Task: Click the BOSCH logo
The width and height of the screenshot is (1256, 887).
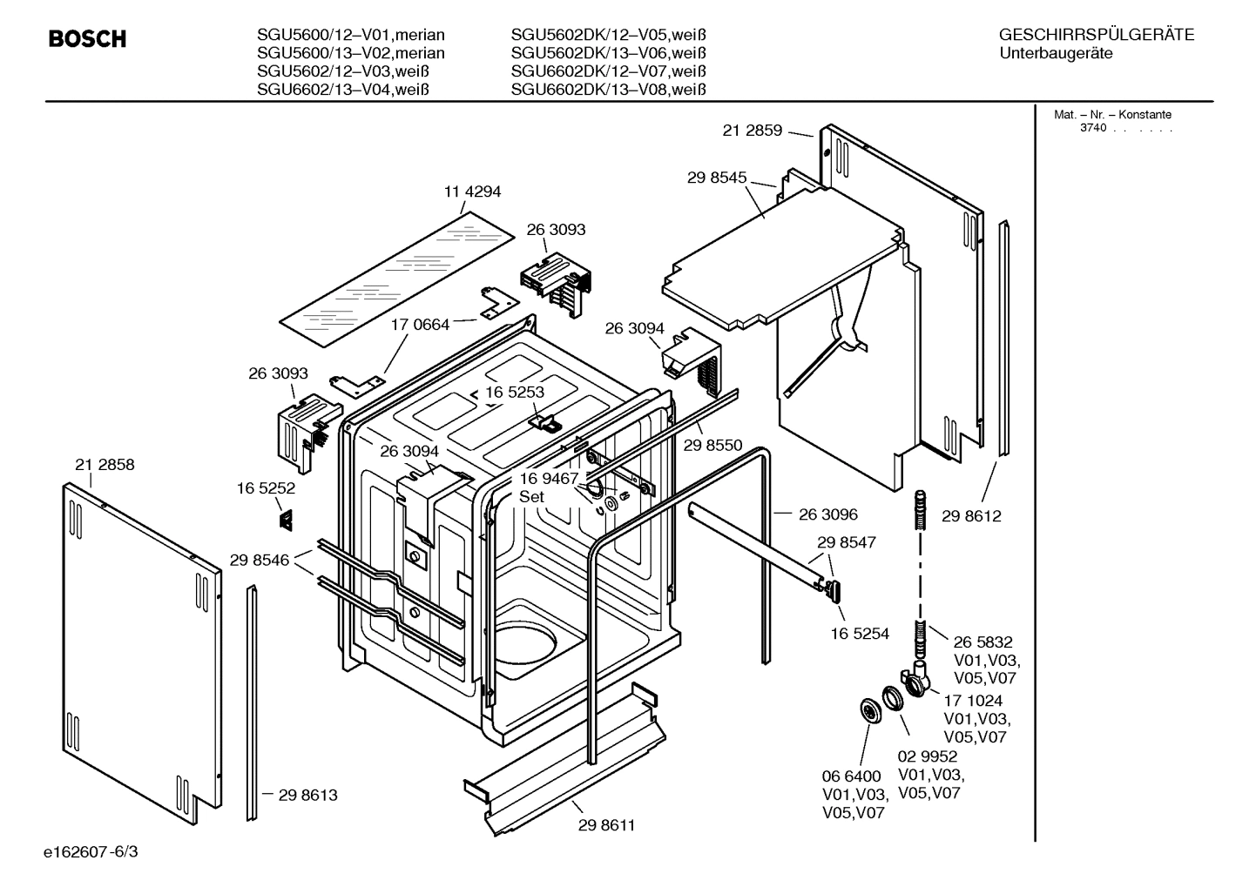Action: pyautogui.click(x=87, y=39)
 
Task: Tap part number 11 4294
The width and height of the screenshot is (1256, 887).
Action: pyautogui.click(x=473, y=192)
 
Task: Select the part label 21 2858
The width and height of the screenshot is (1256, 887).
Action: pyautogui.click(x=105, y=465)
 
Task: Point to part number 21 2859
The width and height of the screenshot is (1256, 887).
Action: pyautogui.click(x=753, y=131)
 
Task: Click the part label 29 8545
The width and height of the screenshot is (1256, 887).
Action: pyautogui.click(x=717, y=178)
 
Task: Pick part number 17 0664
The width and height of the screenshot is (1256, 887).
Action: pyautogui.click(x=420, y=325)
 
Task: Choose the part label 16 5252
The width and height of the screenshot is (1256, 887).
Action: pyautogui.click(x=266, y=488)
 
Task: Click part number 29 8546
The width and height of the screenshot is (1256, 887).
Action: pyautogui.click(x=260, y=561)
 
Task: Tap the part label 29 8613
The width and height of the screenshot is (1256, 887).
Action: pyautogui.click(x=307, y=795)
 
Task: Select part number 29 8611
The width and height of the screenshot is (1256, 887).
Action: pyautogui.click(x=606, y=825)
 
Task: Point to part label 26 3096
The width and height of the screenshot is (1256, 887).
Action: pyautogui.click(x=827, y=514)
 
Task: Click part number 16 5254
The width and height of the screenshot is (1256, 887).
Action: pyautogui.click(x=860, y=634)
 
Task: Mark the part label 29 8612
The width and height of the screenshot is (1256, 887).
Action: pyautogui.click(x=971, y=516)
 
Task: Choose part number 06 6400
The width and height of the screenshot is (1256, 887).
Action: pyautogui.click(x=852, y=776)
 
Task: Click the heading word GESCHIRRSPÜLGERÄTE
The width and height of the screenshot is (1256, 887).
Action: pyautogui.click(x=1096, y=35)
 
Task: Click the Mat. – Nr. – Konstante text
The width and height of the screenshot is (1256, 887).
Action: pyautogui.click(x=1112, y=115)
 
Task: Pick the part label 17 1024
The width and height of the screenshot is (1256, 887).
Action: pyautogui.click(x=973, y=701)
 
